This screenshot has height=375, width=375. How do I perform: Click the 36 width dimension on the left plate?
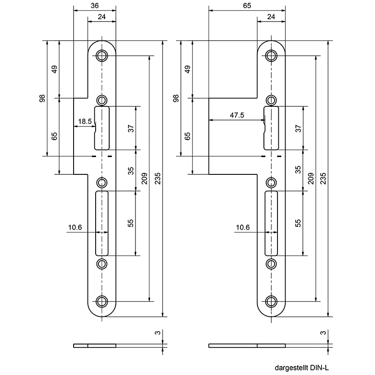[95, 6]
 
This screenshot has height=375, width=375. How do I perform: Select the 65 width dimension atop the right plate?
[247, 6]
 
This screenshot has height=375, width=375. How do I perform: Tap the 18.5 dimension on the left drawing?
[85, 121]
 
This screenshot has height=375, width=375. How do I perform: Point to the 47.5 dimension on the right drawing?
[237, 115]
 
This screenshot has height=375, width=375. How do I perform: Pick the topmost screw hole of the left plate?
[102, 56]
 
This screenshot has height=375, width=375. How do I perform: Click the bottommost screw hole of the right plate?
[271, 301]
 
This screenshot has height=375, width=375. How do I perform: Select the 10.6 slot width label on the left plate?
[75, 227]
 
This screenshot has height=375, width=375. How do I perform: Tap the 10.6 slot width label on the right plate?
[243, 227]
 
